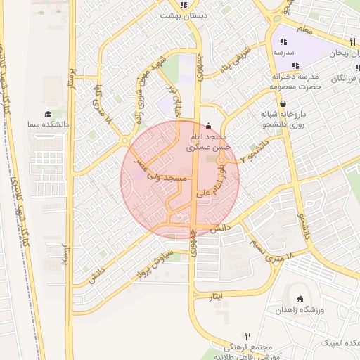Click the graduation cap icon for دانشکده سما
pyautogui.click(x=48, y=114)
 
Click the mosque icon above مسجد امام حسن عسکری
pyautogui.click(x=207, y=127)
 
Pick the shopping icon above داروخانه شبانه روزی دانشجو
pyautogui.click(x=283, y=103)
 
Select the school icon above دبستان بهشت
pyautogui.click(x=184, y=5)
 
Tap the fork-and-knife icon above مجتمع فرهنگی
pyautogui.click(x=247, y=336)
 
